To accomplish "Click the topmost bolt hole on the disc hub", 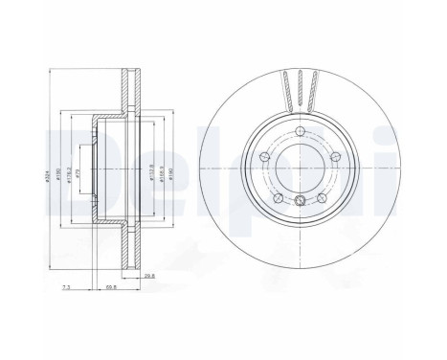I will [300, 130].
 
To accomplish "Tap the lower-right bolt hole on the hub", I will [323, 199].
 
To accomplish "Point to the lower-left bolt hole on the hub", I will [277, 199].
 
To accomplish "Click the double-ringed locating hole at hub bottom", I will [300, 200].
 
